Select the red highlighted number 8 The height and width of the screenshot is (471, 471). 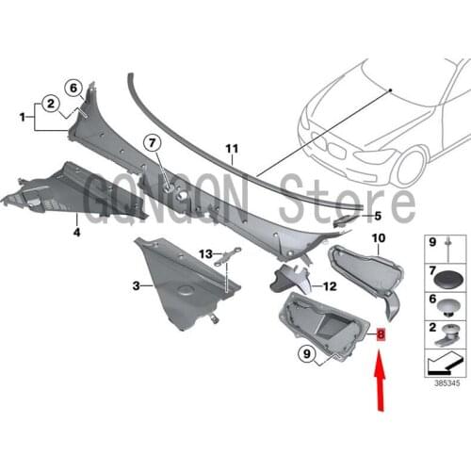[380, 334]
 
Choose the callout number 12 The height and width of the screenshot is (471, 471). [330, 286]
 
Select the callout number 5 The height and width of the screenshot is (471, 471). [376, 216]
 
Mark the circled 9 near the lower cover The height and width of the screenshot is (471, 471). [281, 354]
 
